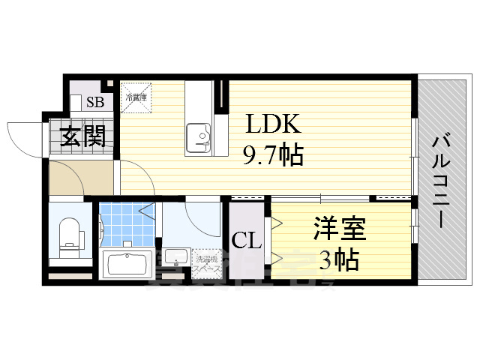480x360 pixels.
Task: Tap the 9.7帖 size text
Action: click(x=272, y=156)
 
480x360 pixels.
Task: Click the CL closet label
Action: click(x=246, y=241)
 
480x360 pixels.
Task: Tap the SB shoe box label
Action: click(x=95, y=103)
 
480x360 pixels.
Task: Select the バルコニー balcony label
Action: click(x=442, y=180)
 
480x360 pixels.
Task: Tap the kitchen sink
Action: click(x=199, y=136)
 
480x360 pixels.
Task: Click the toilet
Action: click(x=70, y=234)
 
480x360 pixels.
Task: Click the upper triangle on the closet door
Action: click(x=277, y=222)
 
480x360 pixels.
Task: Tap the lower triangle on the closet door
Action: click(x=277, y=259)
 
